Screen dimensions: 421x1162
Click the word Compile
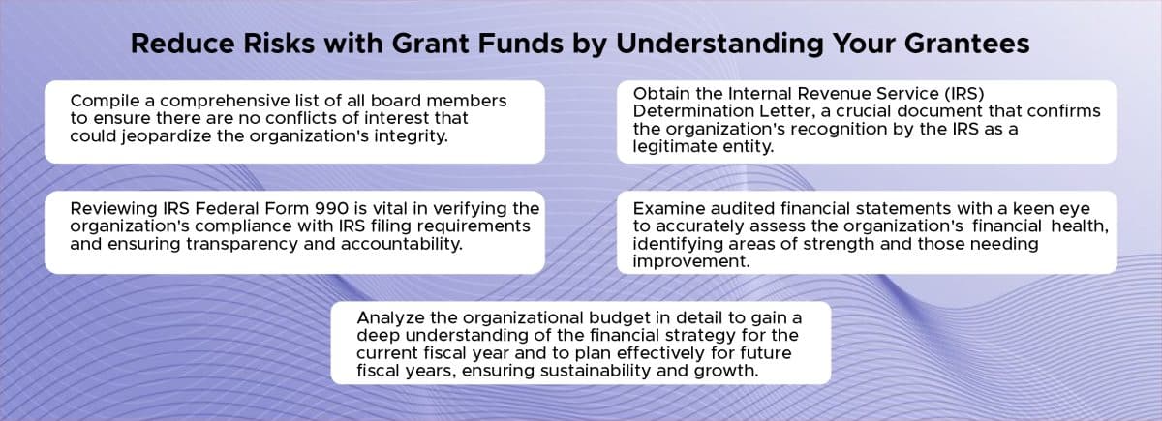coord(104,101)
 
